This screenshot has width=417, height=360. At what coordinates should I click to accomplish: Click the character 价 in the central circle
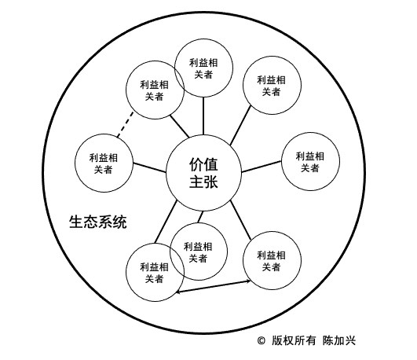point(196,164)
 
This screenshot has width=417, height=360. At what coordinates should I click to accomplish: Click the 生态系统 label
point(98,222)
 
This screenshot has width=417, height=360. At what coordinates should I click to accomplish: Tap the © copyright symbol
point(262,340)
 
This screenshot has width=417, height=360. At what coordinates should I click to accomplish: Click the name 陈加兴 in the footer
point(339,340)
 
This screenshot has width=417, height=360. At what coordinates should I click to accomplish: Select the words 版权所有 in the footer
point(294,340)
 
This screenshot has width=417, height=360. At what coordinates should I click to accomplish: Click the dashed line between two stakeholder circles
point(126,125)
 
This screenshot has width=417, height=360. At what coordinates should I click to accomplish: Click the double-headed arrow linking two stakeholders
point(214,287)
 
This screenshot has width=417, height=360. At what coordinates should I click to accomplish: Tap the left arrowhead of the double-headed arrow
point(177,292)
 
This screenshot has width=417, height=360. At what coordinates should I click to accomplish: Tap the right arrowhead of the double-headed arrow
point(249,281)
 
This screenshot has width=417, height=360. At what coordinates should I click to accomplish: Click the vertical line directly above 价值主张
point(203,116)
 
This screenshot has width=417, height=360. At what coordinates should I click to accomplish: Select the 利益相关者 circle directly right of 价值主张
point(310,161)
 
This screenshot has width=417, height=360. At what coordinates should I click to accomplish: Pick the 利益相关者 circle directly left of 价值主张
point(104,163)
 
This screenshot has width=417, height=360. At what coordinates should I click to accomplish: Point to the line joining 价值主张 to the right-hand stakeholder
point(262,167)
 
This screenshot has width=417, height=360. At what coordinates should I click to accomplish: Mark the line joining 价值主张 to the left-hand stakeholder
point(149,167)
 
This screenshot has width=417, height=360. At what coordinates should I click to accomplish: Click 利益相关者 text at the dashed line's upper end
point(155,90)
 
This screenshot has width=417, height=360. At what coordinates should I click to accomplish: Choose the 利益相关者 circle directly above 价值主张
point(203,68)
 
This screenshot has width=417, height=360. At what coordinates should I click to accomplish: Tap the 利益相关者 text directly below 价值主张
point(198,252)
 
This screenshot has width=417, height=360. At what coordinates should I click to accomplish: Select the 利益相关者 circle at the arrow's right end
point(272,260)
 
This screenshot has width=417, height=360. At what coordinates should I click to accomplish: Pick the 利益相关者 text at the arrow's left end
point(155,273)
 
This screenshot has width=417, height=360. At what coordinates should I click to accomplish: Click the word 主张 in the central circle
point(203,182)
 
